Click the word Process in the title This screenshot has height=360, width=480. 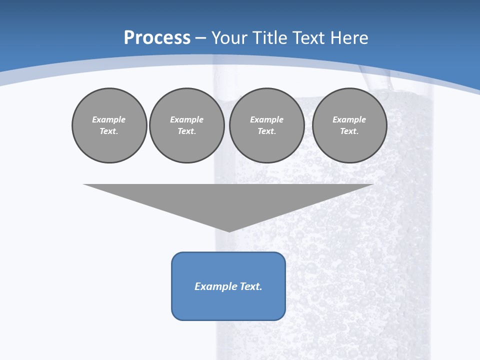[157, 38]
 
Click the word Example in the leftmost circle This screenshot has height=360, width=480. [109, 119]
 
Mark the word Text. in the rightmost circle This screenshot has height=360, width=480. [349, 131]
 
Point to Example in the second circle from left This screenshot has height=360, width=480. [187, 119]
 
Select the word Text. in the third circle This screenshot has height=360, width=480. [267, 131]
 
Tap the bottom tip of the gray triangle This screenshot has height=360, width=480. [229, 230]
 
